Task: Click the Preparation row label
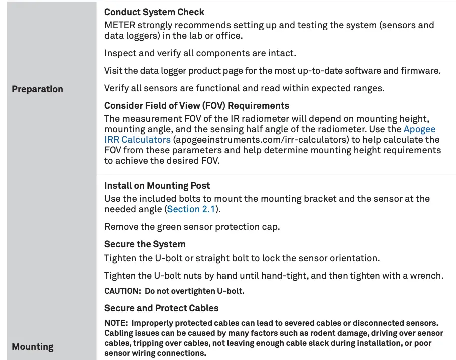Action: tap(37, 89)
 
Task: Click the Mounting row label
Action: tap(32, 347)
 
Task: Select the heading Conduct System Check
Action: tap(154, 12)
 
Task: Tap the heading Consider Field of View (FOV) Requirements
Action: tap(196, 106)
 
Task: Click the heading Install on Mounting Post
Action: tap(157, 186)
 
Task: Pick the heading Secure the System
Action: tap(145, 244)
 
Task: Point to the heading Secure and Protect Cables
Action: tap(161, 308)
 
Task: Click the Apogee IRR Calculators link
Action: tap(137, 140)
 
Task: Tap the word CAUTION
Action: tap(122, 291)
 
